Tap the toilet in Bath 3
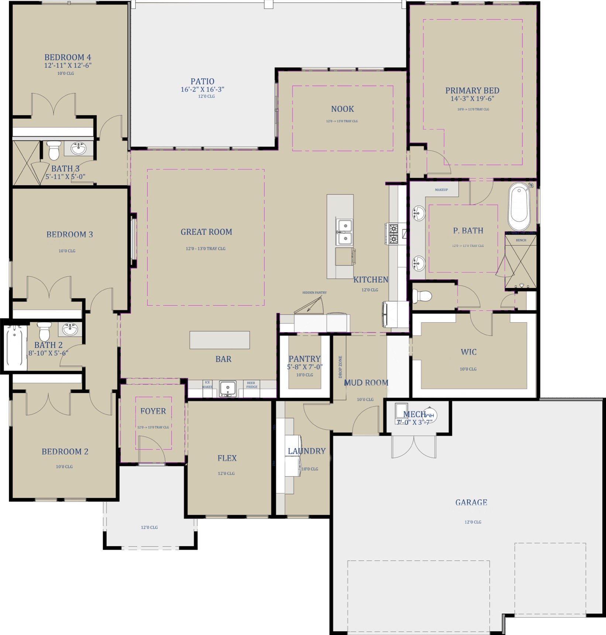[x=54, y=150]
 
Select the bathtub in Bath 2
[x=15, y=347]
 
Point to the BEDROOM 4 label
[x=68, y=57]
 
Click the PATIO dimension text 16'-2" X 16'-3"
[x=202, y=89]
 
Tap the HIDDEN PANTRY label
[x=314, y=292]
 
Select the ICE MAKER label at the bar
[x=207, y=385]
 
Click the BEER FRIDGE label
[x=252, y=385]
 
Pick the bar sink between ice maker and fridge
[x=228, y=388]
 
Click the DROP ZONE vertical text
[x=340, y=367]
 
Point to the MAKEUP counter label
[x=441, y=190]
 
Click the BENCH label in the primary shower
[x=521, y=240]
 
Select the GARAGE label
[x=471, y=502]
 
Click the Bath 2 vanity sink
[x=70, y=329]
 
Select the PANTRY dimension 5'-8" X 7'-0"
[x=304, y=367]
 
